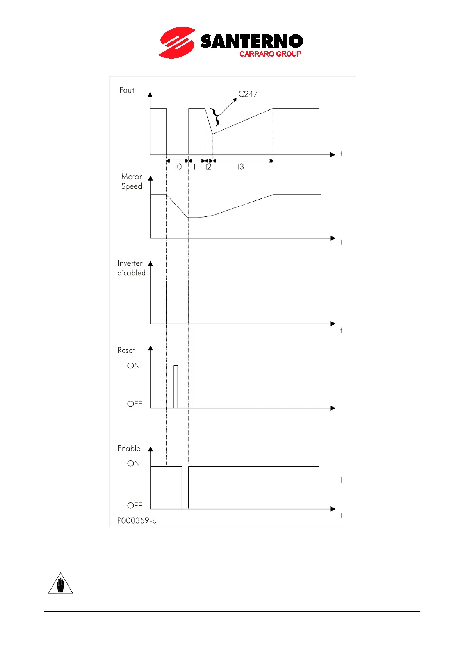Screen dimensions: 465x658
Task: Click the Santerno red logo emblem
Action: [x=176, y=42]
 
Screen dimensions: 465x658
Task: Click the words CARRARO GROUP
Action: [x=270, y=54]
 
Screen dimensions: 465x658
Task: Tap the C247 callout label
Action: [x=248, y=94]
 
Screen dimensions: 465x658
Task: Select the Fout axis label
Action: [x=126, y=90]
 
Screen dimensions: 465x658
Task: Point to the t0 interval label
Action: [x=178, y=167]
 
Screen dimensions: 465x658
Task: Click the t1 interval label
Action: [x=196, y=167]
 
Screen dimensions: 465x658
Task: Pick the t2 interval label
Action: [x=208, y=167]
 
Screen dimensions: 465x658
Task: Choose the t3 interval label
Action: [x=241, y=167]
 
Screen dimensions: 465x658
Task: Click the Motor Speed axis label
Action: [x=132, y=181]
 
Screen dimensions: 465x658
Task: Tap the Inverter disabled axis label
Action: [x=131, y=268]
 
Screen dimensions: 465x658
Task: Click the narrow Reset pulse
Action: [x=176, y=386]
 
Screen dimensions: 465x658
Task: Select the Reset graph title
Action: [x=126, y=350]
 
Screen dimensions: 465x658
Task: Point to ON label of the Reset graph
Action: [x=134, y=366]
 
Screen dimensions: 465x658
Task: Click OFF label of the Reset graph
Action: [x=134, y=404]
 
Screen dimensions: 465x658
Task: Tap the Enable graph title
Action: [x=129, y=448]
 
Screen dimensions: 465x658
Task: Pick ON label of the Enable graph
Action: [x=134, y=463]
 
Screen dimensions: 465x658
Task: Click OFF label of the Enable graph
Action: [x=134, y=506]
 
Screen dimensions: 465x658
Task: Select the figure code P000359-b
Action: [x=137, y=520]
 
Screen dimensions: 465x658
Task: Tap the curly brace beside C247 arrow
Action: [x=214, y=117]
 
